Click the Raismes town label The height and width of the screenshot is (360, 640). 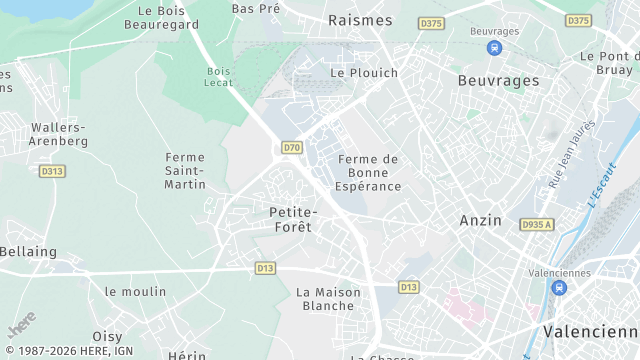pyautogui.click(x=360, y=19)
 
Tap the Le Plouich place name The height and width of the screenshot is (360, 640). pyautogui.click(x=364, y=73)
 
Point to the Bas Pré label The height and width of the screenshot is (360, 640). pyautogui.click(x=256, y=8)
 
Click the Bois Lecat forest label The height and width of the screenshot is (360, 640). pyautogui.click(x=218, y=78)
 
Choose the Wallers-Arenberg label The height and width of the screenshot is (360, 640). pyautogui.click(x=59, y=134)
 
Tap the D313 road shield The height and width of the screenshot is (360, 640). pyautogui.click(x=52, y=171)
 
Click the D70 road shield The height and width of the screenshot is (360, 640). pyautogui.click(x=291, y=148)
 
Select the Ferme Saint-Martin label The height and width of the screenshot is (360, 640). pyautogui.click(x=185, y=171)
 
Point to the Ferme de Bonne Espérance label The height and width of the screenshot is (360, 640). pyautogui.click(x=369, y=173)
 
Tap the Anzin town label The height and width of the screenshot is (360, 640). pyautogui.click(x=480, y=220)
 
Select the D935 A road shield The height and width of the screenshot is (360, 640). pyautogui.click(x=536, y=224)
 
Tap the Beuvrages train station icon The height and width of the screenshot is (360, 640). pyautogui.click(x=494, y=47)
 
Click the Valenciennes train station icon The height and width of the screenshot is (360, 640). pyautogui.click(x=558, y=288)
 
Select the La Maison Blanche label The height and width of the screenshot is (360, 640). pyautogui.click(x=326, y=298)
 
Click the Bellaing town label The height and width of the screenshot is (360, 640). pyautogui.click(x=28, y=252)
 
